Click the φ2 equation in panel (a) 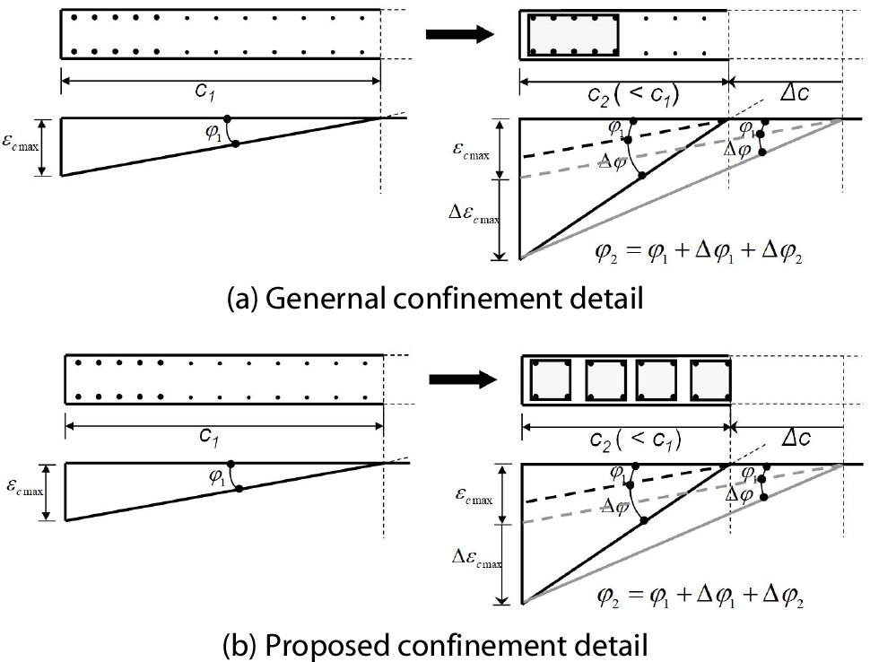[698, 253]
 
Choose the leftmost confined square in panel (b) [552, 379]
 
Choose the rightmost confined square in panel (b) [709, 379]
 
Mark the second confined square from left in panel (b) [605, 379]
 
